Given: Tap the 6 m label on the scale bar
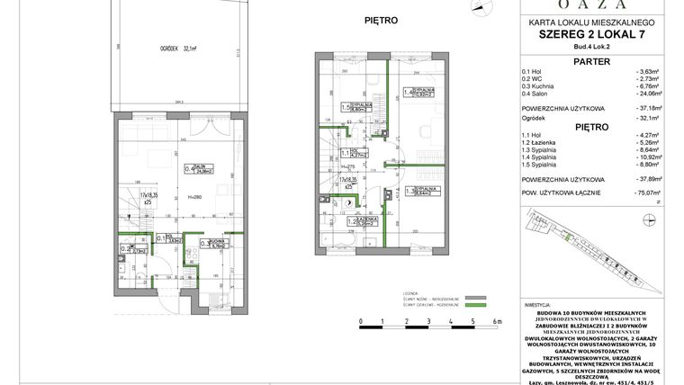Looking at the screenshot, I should point(496,319).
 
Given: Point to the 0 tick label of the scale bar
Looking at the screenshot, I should point(360,319).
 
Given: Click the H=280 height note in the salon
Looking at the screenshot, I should point(193,195).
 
